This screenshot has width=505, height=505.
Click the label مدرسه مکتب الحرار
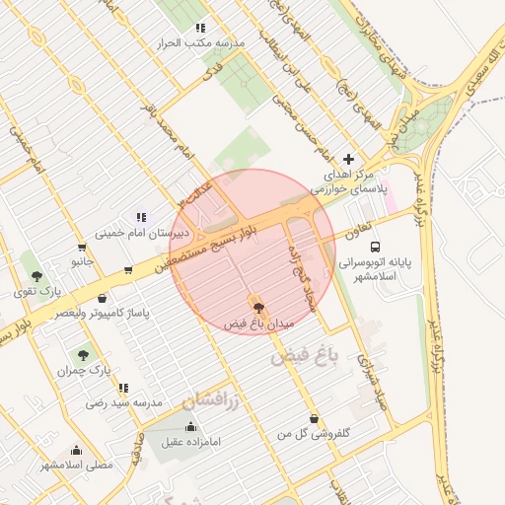(201, 44)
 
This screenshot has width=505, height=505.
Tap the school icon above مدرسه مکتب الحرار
(201, 29)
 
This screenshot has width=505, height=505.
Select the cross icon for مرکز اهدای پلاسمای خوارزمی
(347, 159)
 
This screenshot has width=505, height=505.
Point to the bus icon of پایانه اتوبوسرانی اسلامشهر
(387, 248)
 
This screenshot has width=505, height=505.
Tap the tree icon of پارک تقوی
(37, 276)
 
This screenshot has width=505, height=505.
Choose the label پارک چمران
(80, 371)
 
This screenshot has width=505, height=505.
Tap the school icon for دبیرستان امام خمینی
(142, 217)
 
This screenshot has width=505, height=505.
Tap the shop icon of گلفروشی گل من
(314, 418)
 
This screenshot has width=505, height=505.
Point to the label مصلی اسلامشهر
(78, 464)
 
